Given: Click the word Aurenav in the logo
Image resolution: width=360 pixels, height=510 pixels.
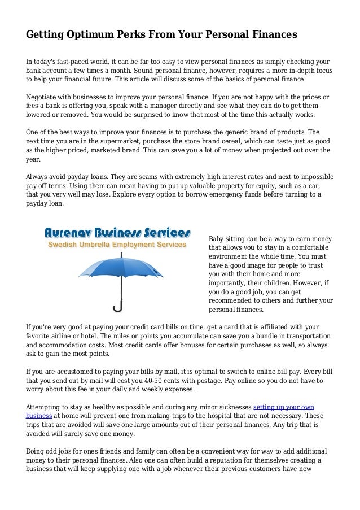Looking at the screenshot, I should [x=73, y=233].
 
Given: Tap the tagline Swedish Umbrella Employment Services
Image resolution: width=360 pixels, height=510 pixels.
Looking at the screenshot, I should [x=116, y=245].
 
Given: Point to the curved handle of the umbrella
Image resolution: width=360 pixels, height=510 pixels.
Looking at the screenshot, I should [x=118, y=308].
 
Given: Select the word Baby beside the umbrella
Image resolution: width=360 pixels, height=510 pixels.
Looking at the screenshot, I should [x=217, y=238].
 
